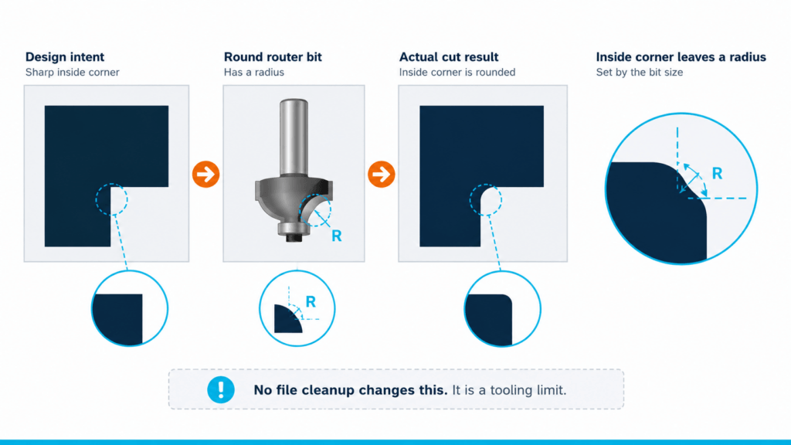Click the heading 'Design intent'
[65, 57]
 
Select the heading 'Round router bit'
[273, 57]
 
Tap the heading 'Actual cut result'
[449, 57]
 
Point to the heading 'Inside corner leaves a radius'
[681, 57]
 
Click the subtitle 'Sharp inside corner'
[72, 72]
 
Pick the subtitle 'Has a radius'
[253, 72]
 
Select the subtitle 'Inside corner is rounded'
[457, 72]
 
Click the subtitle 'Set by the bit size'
[639, 72]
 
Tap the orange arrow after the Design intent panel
[205, 174]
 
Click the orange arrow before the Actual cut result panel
[382, 174]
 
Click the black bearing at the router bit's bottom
[294, 237]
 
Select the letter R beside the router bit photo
[337, 236]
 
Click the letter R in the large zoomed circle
[717, 174]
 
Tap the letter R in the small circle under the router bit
[311, 302]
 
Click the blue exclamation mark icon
[220, 389]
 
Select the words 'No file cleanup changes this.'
[350, 390]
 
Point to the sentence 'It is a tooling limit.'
[509, 390]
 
